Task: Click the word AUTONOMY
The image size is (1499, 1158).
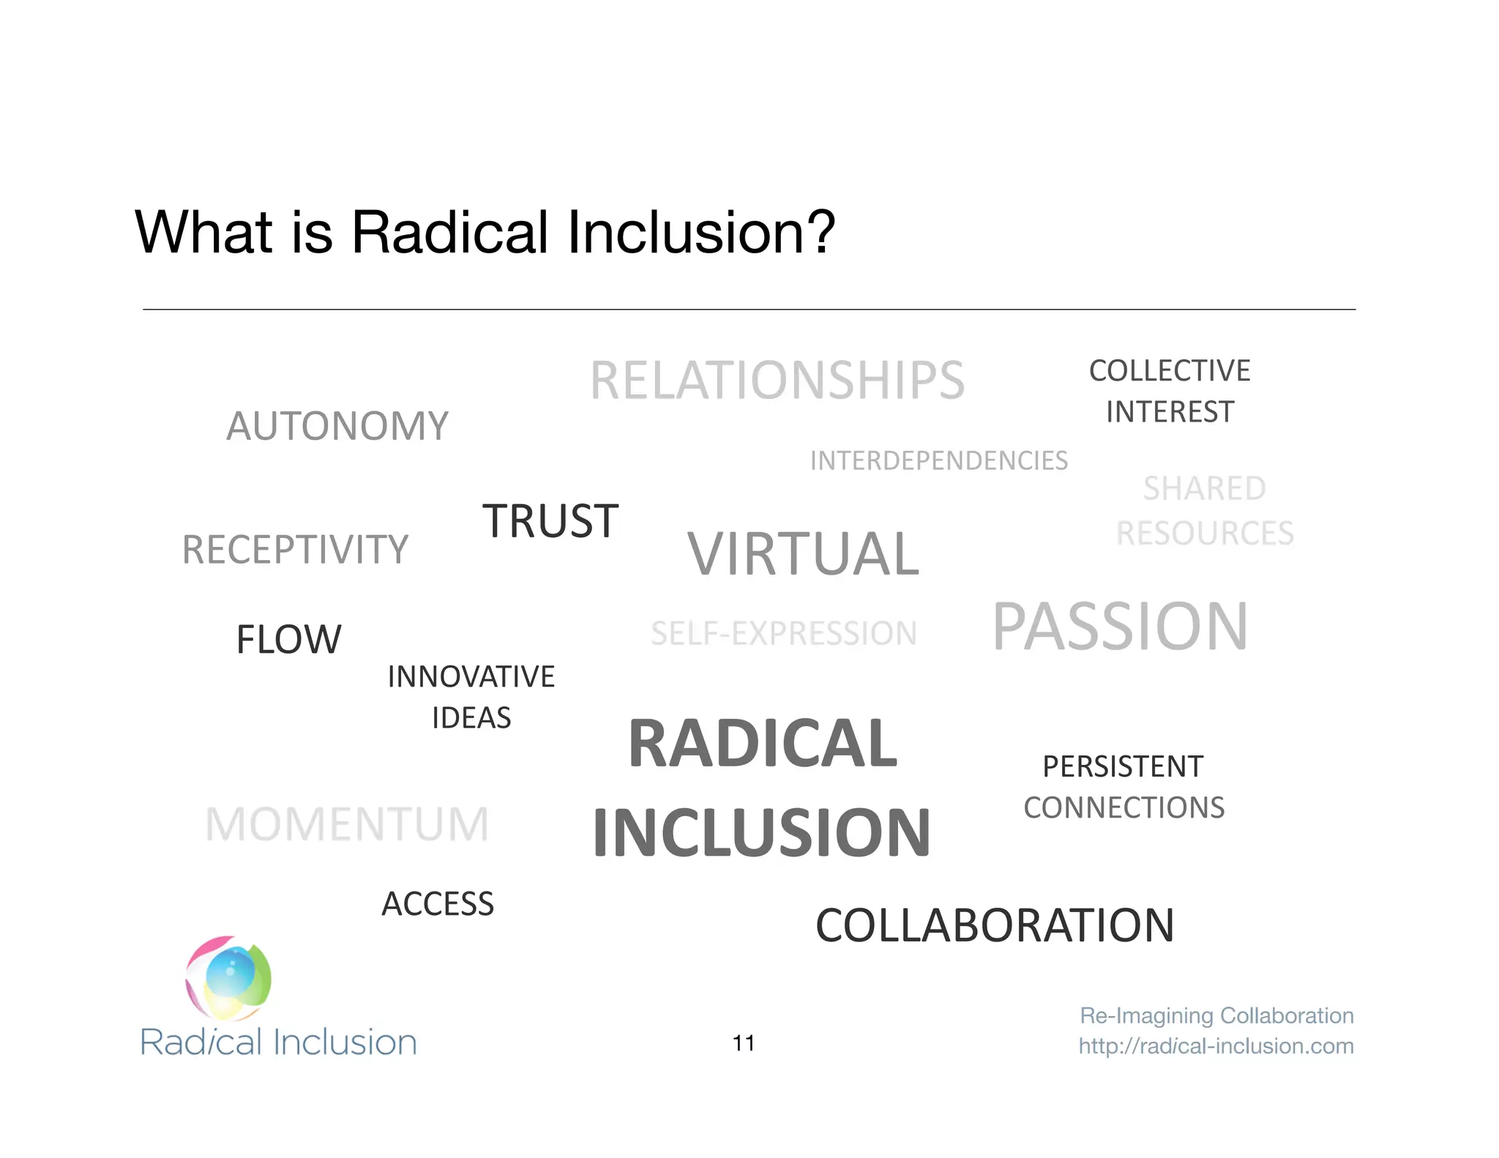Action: [337, 426]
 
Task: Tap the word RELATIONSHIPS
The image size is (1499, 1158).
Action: [777, 381]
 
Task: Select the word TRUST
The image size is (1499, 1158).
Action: [550, 521]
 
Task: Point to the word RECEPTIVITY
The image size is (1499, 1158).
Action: [295, 550]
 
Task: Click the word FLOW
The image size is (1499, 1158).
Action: [288, 639]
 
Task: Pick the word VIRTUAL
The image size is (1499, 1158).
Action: [803, 554]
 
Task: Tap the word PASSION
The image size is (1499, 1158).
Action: [1120, 627]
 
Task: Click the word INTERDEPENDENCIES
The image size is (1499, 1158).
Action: [939, 460]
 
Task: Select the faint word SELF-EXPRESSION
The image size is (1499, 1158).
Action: [783, 634]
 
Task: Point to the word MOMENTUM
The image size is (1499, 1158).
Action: [347, 824]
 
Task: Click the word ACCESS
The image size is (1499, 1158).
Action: [438, 904]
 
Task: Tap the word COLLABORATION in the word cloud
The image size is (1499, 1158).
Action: [995, 925]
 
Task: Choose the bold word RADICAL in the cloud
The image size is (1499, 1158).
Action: [763, 744]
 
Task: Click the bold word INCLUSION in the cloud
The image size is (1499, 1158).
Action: [761, 832]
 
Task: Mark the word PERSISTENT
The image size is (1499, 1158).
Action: [1123, 766]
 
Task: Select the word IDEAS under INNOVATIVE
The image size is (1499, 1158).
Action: [471, 718]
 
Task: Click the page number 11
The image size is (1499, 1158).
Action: [744, 1043]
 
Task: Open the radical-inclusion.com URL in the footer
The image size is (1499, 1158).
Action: [1216, 1046]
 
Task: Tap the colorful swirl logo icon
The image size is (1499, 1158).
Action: [228, 978]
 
